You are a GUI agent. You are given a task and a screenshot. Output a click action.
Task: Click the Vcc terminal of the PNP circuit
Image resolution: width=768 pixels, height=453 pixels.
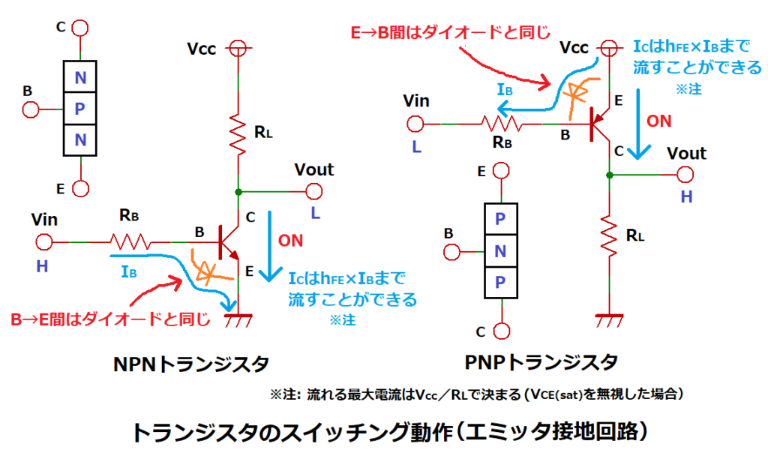coord(608,47)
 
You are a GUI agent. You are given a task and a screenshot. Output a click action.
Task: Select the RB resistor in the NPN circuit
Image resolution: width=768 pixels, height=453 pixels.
coord(130,242)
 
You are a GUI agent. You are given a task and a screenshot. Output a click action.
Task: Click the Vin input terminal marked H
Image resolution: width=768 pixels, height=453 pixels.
coord(44,242)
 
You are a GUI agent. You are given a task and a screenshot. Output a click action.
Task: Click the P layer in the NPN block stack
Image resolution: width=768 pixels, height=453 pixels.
coord(79,109)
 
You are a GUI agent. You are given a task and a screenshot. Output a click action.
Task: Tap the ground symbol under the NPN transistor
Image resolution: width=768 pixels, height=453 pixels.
coord(238,319)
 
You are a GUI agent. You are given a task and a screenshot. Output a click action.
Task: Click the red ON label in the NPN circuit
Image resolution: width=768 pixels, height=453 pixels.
coord(290,241)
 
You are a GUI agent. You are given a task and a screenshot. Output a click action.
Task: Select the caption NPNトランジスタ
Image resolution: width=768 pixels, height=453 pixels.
coord(190,364)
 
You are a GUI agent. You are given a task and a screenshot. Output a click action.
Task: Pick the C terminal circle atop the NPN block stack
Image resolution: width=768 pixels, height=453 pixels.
coord(79,28)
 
